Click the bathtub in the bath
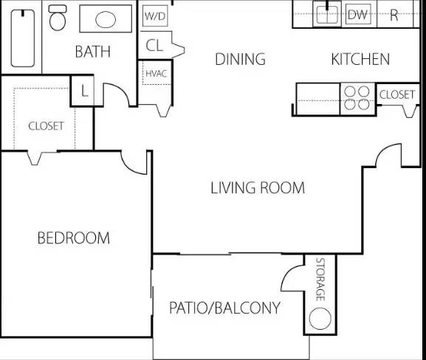[23, 38]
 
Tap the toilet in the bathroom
[58, 18]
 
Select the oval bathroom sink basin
[106, 19]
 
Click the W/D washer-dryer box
[155, 16]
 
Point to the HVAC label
[157, 73]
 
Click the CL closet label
[154, 45]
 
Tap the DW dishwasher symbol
[358, 15]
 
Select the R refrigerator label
[394, 15]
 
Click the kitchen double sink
[327, 14]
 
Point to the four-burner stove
[357, 98]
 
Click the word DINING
[240, 59]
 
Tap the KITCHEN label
[360, 59]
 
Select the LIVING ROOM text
[258, 188]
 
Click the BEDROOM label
[74, 238]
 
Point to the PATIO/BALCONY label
[224, 308]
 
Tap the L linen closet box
[83, 91]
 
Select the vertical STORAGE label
[320, 280]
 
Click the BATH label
[92, 52]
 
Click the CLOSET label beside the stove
[397, 94]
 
